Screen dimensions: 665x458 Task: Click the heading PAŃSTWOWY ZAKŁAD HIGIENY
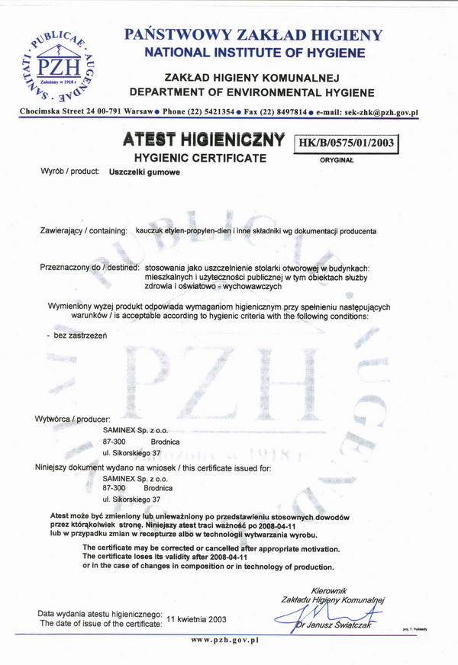click(252, 34)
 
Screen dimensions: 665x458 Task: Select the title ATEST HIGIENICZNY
click(202, 141)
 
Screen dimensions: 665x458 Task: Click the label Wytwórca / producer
click(73, 419)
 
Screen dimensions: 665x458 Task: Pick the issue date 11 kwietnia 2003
click(196, 618)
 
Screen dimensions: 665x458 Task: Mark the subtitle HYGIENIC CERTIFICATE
click(200, 159)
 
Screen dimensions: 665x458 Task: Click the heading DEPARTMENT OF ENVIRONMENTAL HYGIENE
click(252, 92)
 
